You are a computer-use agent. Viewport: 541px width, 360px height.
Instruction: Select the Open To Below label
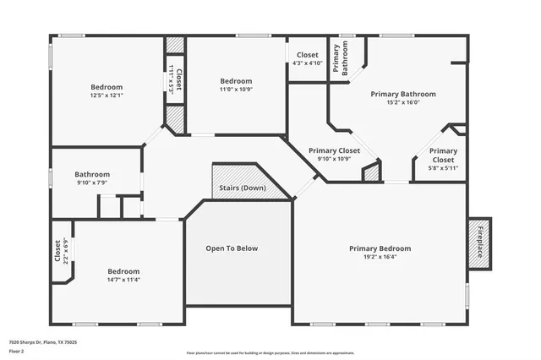click(232, 248)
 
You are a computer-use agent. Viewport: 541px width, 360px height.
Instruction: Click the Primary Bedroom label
click(380, 248)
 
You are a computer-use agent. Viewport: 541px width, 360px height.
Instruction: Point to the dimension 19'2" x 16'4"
click(380, 257)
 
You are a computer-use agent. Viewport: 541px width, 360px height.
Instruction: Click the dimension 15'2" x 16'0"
click(403, 102)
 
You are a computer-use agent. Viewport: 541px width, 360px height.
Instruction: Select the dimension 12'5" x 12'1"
click(107, 95)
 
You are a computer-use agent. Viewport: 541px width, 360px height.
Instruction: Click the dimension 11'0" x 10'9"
click(237, 89)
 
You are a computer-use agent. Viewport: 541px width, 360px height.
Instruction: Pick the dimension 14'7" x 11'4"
click(123, 280)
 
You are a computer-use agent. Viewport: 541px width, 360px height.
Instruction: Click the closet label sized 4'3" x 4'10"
click(307, 63)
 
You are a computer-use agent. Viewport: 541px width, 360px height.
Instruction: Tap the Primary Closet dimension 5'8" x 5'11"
click(443, 167)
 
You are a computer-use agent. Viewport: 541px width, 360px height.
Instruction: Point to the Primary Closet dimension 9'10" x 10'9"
click(334, 159)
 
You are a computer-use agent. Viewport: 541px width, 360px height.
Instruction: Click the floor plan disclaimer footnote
click(270, 353)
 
